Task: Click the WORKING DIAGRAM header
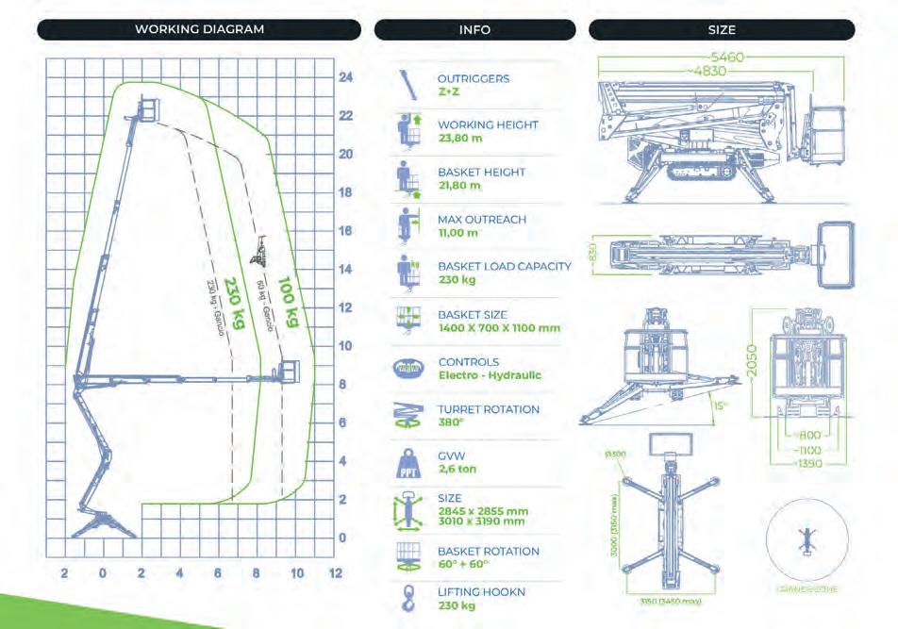199,29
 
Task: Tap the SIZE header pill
722,29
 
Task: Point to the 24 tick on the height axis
346,77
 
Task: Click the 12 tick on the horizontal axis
335,573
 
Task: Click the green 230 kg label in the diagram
233,304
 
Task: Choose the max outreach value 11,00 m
458,232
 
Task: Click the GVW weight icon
407,464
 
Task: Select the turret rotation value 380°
451,422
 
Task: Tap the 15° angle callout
721,407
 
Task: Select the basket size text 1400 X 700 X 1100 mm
498,328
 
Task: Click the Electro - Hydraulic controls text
490,375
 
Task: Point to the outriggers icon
407,85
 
